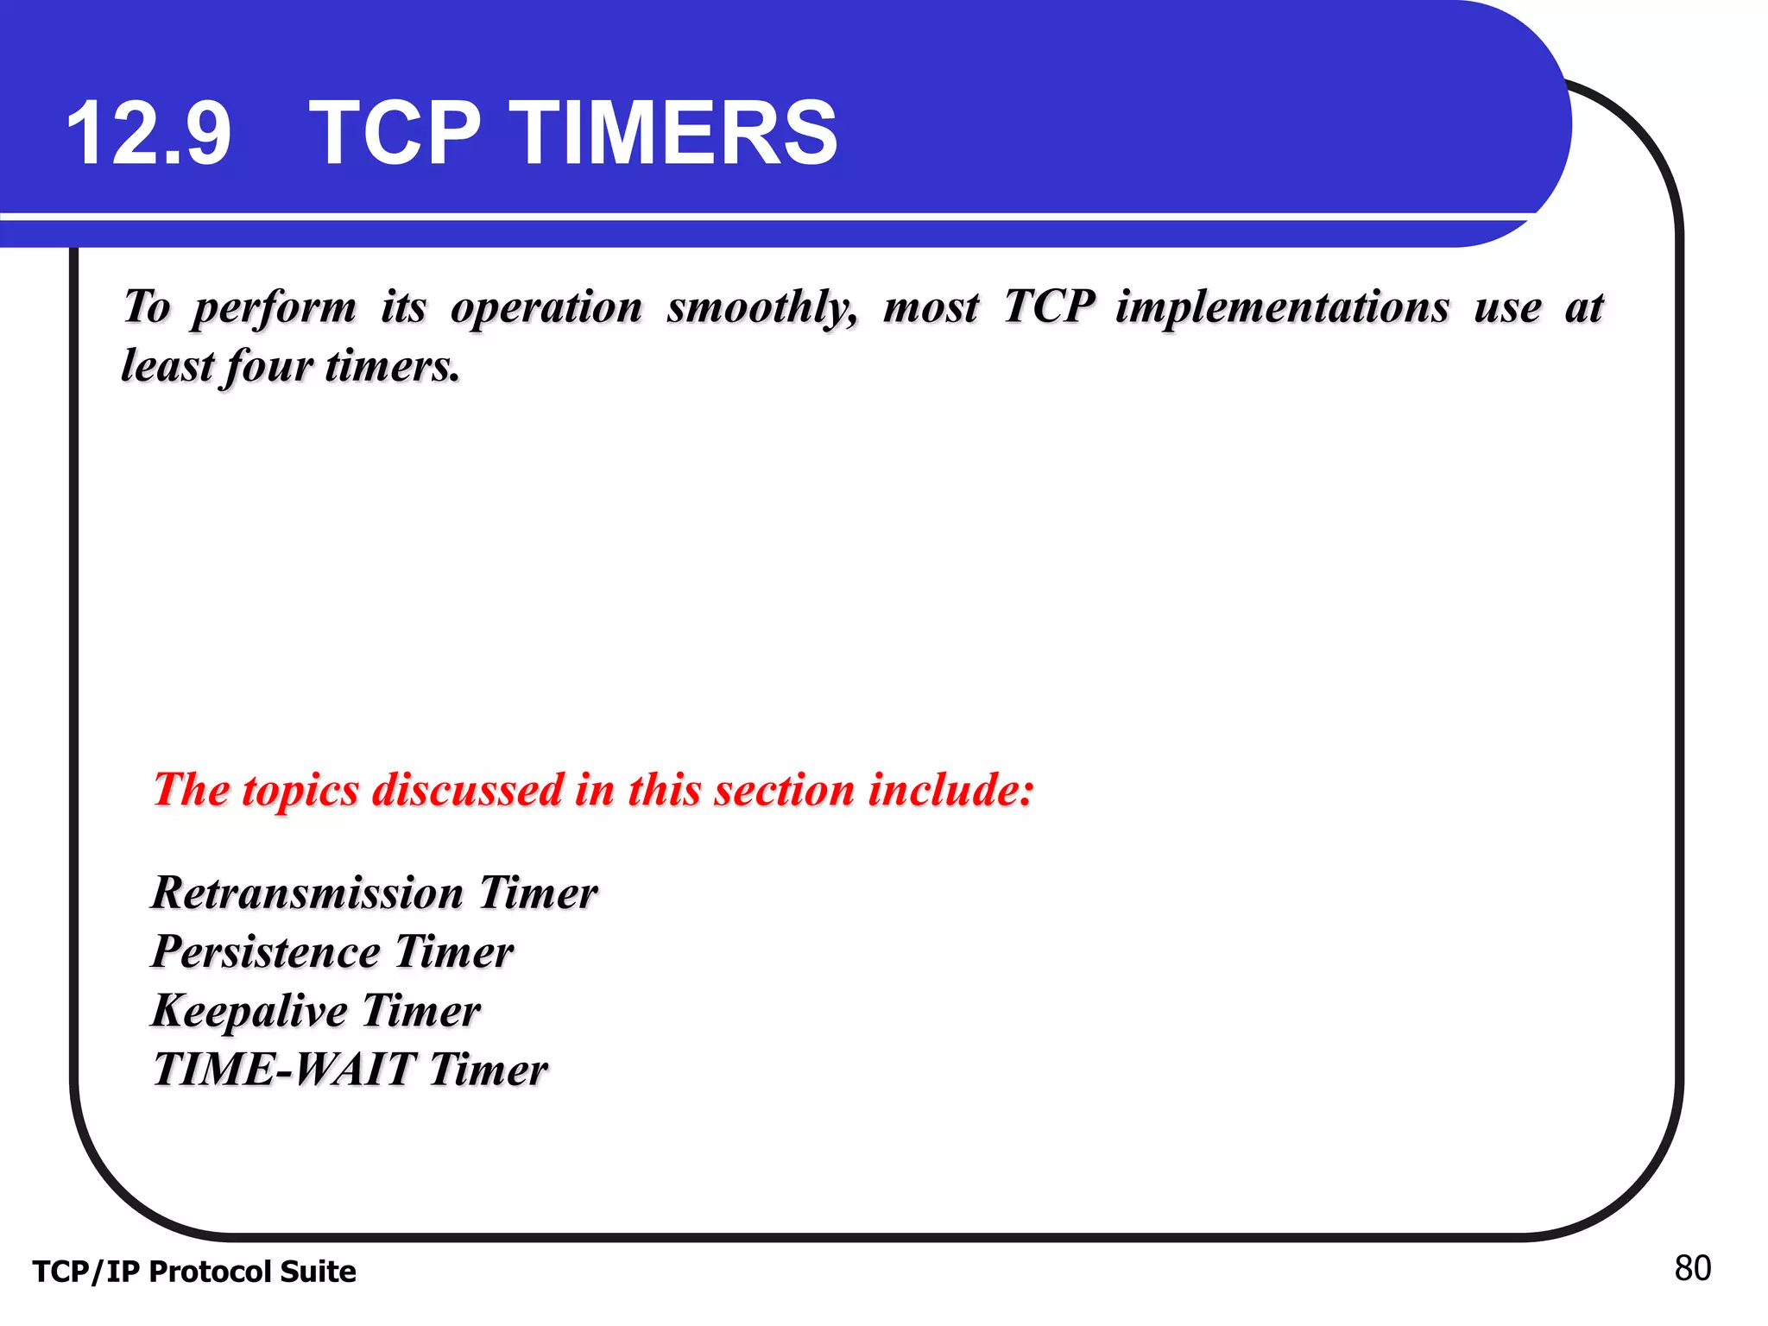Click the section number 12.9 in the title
(148, 134)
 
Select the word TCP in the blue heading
(395, 134)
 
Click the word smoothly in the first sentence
(762, 307)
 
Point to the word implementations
(1282, 307)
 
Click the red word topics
(300, 790)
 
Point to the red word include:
(950, 790)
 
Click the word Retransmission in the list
(307, 893)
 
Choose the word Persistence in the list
(266, 952)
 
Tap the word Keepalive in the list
(249, 1011)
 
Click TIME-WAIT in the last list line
(284, 1070)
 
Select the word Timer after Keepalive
(420, 1011)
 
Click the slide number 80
(1692, 1268)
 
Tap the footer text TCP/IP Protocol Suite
(194, 1272)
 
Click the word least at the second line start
(167, 366)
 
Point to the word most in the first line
(931, 307)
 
